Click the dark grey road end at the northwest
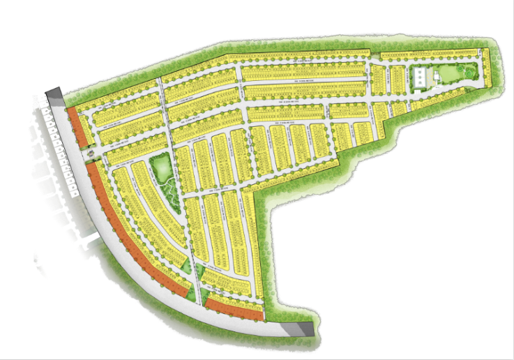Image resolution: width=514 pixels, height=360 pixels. click(x=54, y=96)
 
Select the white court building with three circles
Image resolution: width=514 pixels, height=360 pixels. click(x=421, y=77)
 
